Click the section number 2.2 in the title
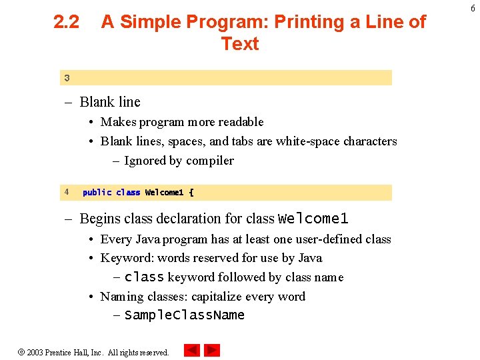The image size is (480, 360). click(x=66, y=22)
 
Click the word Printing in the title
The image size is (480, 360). click(x=291, y=22)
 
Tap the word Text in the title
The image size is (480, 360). click(x=240, y=44)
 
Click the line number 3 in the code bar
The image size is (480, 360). click(x=67, y=78)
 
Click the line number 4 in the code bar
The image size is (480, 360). click(x=67, y=192)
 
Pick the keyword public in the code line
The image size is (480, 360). click(x=97, y=193)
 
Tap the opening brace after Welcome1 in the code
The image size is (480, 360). click(x=191, y=193)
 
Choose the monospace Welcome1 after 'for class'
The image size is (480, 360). click(x=313, y=219)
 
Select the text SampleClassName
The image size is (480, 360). click(x=185, y=315)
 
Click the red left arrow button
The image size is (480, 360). click(x=192, y=350)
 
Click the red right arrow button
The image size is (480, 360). click(x=212, y=350)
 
